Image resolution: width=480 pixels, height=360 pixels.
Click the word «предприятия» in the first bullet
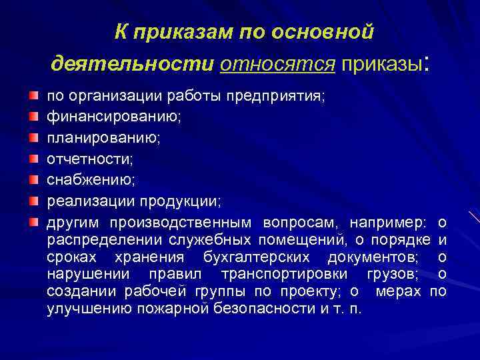(x=283, y=98)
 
